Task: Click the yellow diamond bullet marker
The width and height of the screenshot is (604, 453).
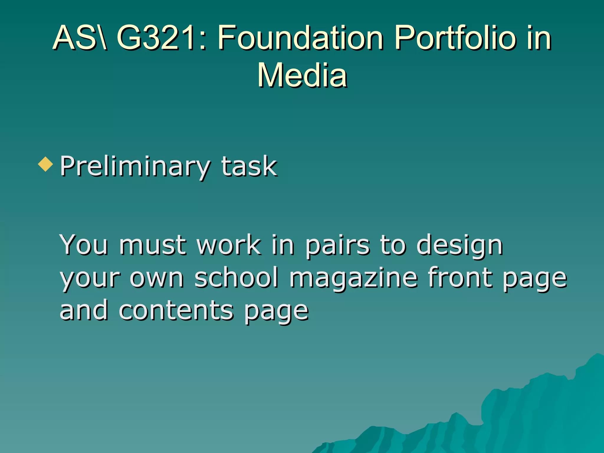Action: (x=46, y=164)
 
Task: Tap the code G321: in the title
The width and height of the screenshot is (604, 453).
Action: (x=161, y=38)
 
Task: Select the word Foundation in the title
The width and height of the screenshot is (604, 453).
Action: (x=300, y=38)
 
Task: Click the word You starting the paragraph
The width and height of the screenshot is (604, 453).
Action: (x=84, y=244)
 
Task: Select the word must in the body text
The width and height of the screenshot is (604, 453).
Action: (x=153, y=245)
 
